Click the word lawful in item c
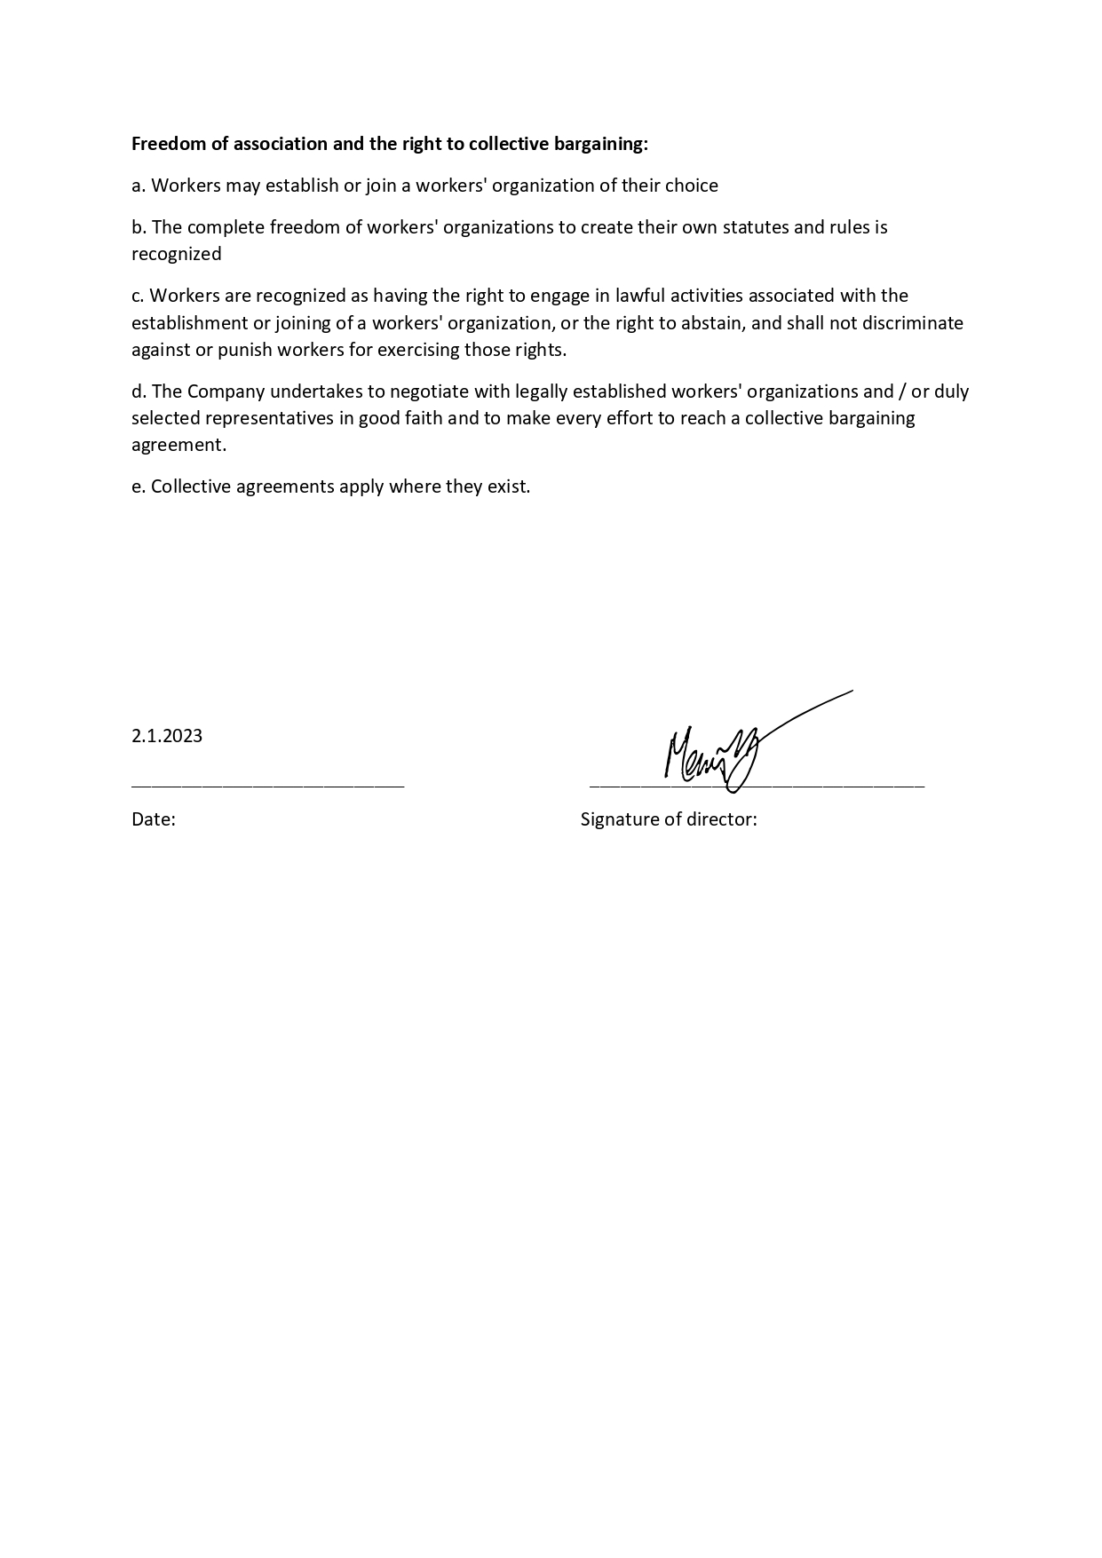click(x=639, y=296)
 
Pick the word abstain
click(x=710, y=322)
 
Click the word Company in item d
click(x=226, y=391)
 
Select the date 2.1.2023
click(x=167, y=736)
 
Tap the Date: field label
click(x=154, y=819)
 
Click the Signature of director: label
click(x=669, y=819)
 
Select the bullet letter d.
click(x=138, y=391)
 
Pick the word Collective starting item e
click(x=191, y=486)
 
